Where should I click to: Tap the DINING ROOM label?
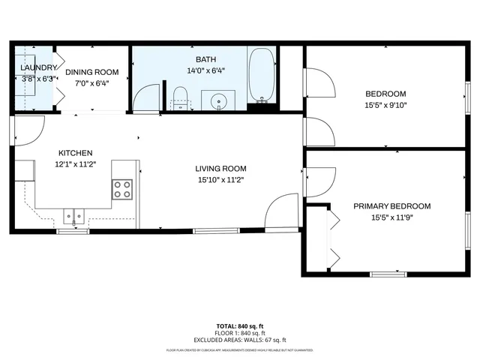click(x=92, y=72)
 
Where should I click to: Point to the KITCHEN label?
click(x=76, y=152)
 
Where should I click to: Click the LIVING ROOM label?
click(x=220, y=169)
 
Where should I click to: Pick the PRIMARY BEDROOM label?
click(x=391, y=206)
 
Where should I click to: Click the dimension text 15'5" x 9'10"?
click(x=385, y=105)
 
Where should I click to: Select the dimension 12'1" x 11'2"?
click(x=76, y=163)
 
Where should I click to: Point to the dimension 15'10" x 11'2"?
click(x=220, y=180)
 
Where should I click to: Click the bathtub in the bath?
click(x=261, y=76)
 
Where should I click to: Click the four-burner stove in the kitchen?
click(x=122, y=190)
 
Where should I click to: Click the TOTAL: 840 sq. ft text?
click(x=240, y=326)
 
